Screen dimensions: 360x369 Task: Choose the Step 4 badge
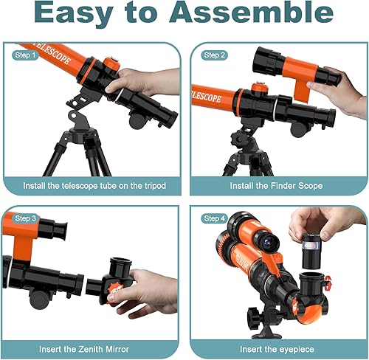pos(213,218)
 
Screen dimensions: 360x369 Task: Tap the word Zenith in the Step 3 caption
pos(92,347)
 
